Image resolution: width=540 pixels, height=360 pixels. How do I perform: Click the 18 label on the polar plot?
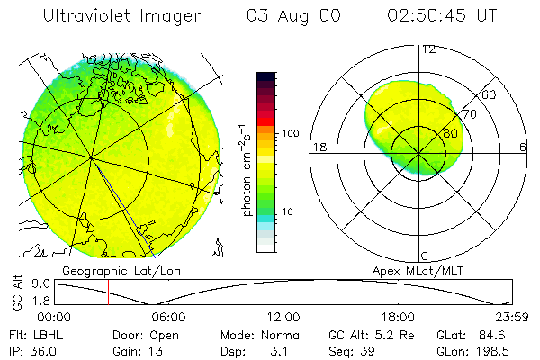click(x=319, y=147)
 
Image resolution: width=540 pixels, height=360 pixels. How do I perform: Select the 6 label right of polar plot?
click(x=523, y=147)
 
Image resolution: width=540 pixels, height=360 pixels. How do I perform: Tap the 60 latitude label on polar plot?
click(x=490, y=94)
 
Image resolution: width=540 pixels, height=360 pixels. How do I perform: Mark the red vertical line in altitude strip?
click(x=108, y=292)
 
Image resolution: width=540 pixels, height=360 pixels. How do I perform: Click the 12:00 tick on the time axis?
click(x=284, y=317)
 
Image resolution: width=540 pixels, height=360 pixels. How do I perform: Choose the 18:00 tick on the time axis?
click(x=399, y=317)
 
